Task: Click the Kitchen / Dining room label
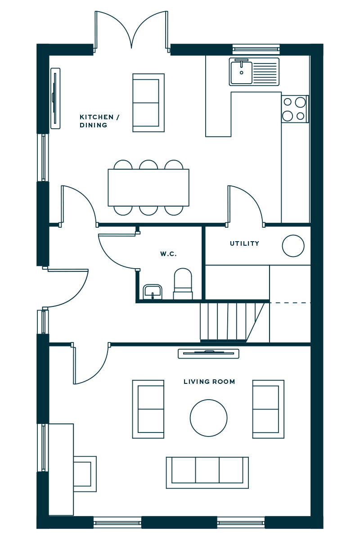coord(99,121)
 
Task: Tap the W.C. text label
coord(168,254)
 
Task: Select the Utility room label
coord(244,243)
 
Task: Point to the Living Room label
coord(209,382)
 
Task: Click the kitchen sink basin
coord(241,72)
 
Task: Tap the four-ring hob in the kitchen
coord(295,109)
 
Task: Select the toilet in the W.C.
coord(183,284)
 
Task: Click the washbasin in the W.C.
coord(153,292)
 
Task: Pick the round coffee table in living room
coord(208,418)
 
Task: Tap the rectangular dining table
coord(148,188)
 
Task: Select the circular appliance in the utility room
coord(293,246)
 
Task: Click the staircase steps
coord(232,322)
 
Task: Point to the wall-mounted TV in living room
coord(208,353)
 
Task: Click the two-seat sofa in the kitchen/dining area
coord(148,103)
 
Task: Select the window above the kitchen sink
coord(256,49)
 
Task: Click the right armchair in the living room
coord(268,409)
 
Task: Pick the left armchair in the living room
coord(148,409)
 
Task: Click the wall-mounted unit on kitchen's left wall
coord(55,99)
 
